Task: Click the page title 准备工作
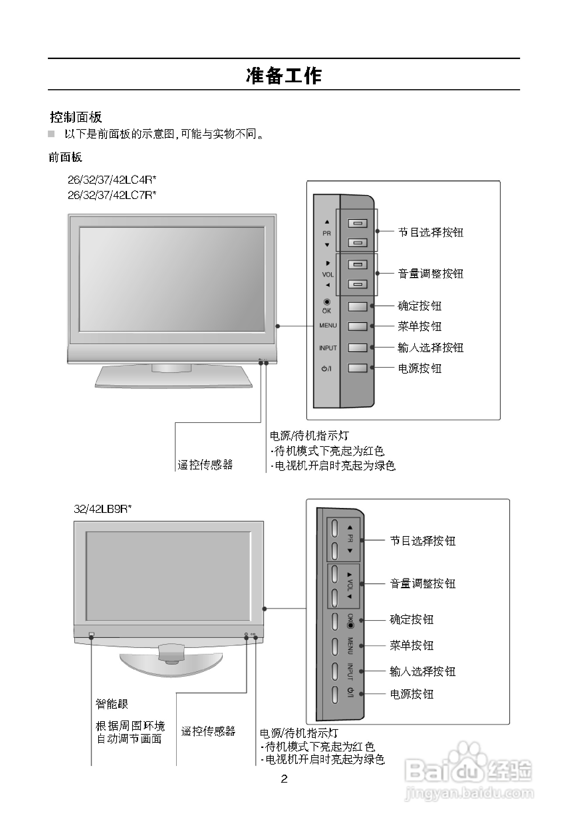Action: pos(284,76)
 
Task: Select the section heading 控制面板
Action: pos(76,117)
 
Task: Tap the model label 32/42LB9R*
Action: pos(102,509)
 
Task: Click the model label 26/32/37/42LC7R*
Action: pos(112,195)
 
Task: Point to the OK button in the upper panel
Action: pos(357,307)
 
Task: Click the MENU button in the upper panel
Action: pos(357,326)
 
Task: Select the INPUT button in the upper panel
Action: pos(357,348)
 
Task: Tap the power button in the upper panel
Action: pos(357,368)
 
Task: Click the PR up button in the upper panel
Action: pos(357,224)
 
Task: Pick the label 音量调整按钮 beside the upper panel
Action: pos(430,274)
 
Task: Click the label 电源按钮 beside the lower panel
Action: pos(412,694)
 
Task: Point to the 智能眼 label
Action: pos(112,704)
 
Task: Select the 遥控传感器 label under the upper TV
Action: pos(205,465)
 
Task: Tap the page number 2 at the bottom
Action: pos(284,778)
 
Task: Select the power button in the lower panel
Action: pos(334,694)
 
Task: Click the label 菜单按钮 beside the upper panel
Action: pos(419,326)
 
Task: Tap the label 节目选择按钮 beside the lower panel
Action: pos(423,541)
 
